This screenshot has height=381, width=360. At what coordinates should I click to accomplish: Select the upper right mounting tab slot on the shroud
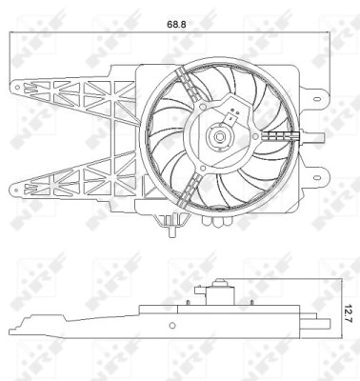click(x=316, y=96)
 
